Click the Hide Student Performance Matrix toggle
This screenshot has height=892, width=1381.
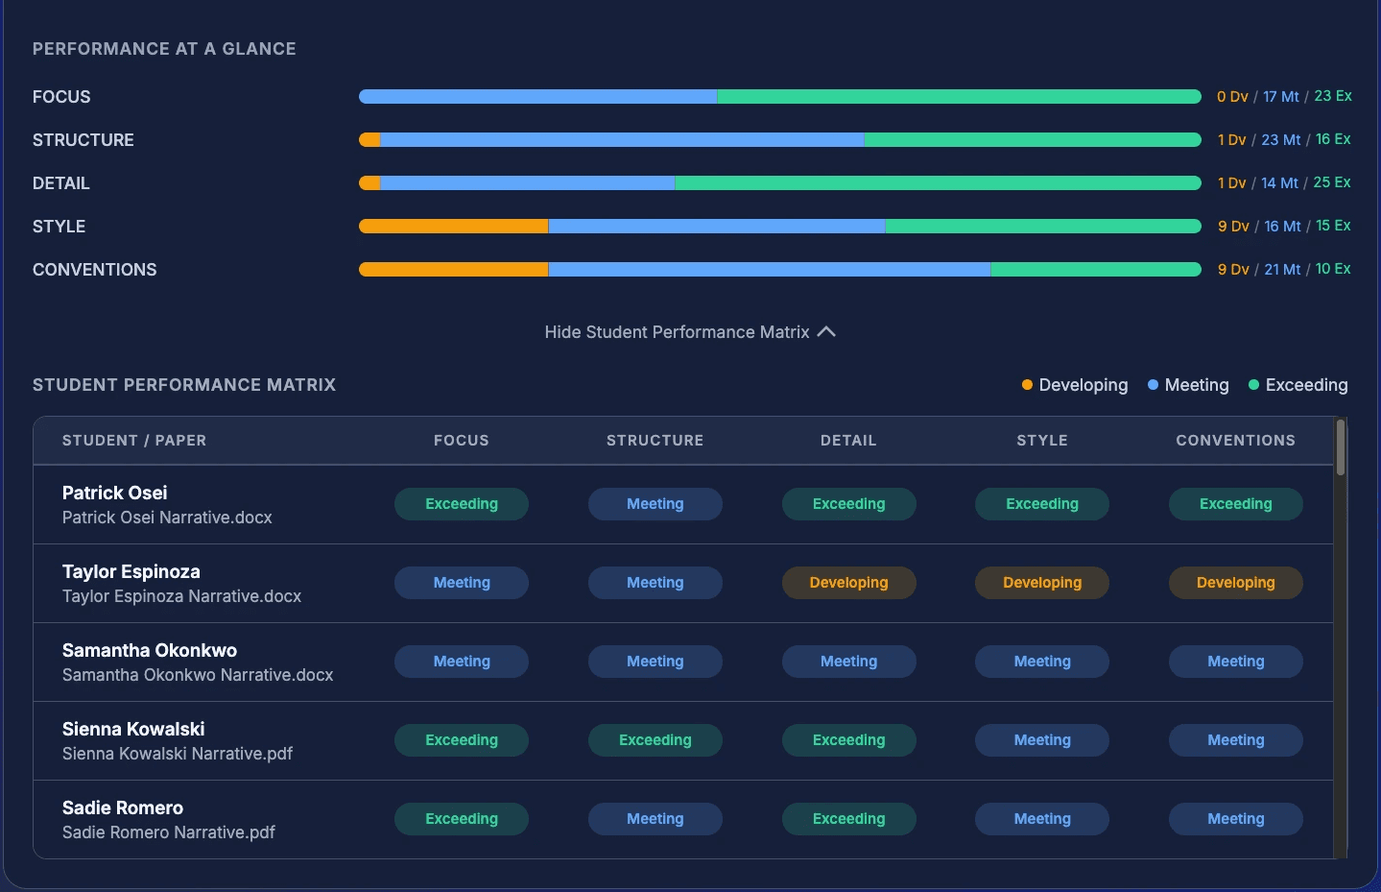point(690,332)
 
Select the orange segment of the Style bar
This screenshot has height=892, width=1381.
point(453,226)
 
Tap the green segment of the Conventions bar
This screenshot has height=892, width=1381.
point(1096,269)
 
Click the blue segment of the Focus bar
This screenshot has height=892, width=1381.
point(537,96)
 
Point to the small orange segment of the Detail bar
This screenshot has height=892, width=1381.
point(369,182)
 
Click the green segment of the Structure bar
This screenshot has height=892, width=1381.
point(1033,139)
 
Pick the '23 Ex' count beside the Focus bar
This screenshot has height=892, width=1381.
point(1333,96)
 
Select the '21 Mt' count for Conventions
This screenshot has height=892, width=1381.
point(1282,269)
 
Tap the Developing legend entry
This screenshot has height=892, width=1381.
point(1075,385)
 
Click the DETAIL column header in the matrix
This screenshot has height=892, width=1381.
point(848,441)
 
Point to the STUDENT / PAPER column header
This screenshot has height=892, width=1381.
point(134,441)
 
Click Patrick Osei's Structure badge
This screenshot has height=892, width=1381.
point(655,504)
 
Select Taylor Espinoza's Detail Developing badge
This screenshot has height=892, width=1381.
point(849,583)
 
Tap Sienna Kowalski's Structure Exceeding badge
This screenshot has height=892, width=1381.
point(655,740)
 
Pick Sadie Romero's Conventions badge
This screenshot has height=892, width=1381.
point(1235,819)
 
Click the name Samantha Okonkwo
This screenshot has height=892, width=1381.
point(150,650)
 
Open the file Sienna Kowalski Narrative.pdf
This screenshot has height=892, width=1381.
point(178,754)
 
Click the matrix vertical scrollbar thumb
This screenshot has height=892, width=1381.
point(1341,447)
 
